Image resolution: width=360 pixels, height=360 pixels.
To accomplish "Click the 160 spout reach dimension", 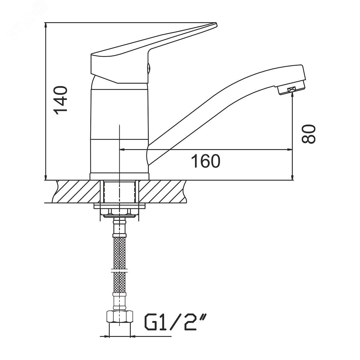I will [x=206, y=161].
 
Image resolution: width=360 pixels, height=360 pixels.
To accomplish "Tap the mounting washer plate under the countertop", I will [x=119, y=206].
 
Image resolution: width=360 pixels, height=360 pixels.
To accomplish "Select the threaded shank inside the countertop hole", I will [x=119, y=191].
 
